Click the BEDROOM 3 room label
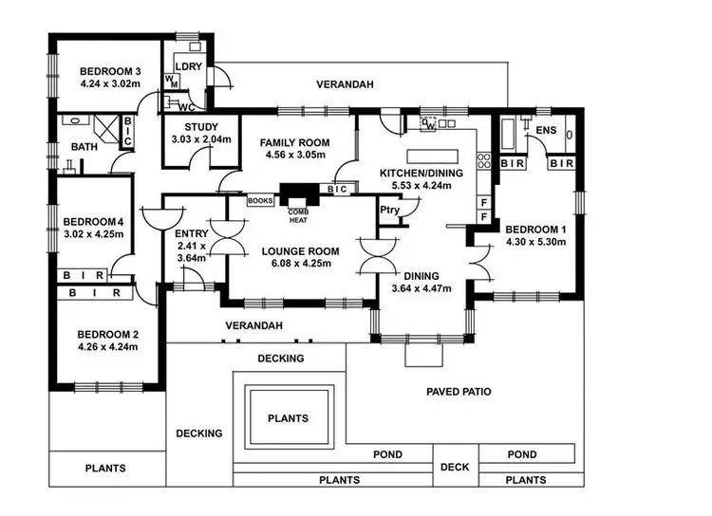point(110,71)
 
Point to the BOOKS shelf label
point(260,201)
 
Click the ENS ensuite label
point(545,130)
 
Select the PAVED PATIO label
point(459,391)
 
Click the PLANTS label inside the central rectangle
point(287,418)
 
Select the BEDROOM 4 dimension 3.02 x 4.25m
point(94,232)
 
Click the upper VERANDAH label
point(345,85)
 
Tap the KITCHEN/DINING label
point(421,174)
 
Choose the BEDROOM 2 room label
point(108,334)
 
